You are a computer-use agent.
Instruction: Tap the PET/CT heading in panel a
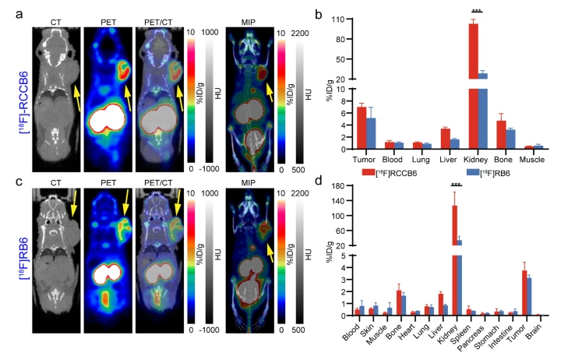point(161,13)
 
